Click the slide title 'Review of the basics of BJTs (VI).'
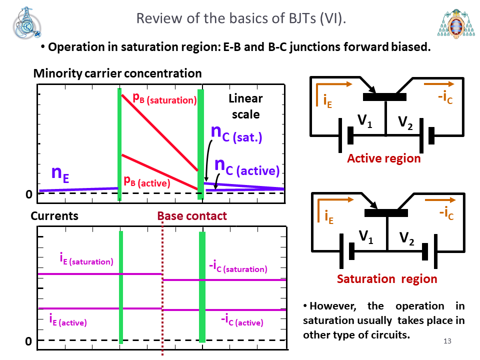pos(241,18)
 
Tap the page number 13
pos(447,341)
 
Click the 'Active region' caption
pos(384,158)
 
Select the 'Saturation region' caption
pos(387,279)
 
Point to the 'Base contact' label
pos(192,216)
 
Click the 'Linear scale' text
pos(245,106)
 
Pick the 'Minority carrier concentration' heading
pos(117,73)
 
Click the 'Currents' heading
pos(54,216)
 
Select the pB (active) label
pos(146,181)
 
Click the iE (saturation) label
pos(86,259)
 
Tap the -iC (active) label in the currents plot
pos(242,320)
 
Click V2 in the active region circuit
pos(405,122)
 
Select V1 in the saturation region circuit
pos(366,236)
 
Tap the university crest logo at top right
pos(456,24)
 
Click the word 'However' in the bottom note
pos(332,306)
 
